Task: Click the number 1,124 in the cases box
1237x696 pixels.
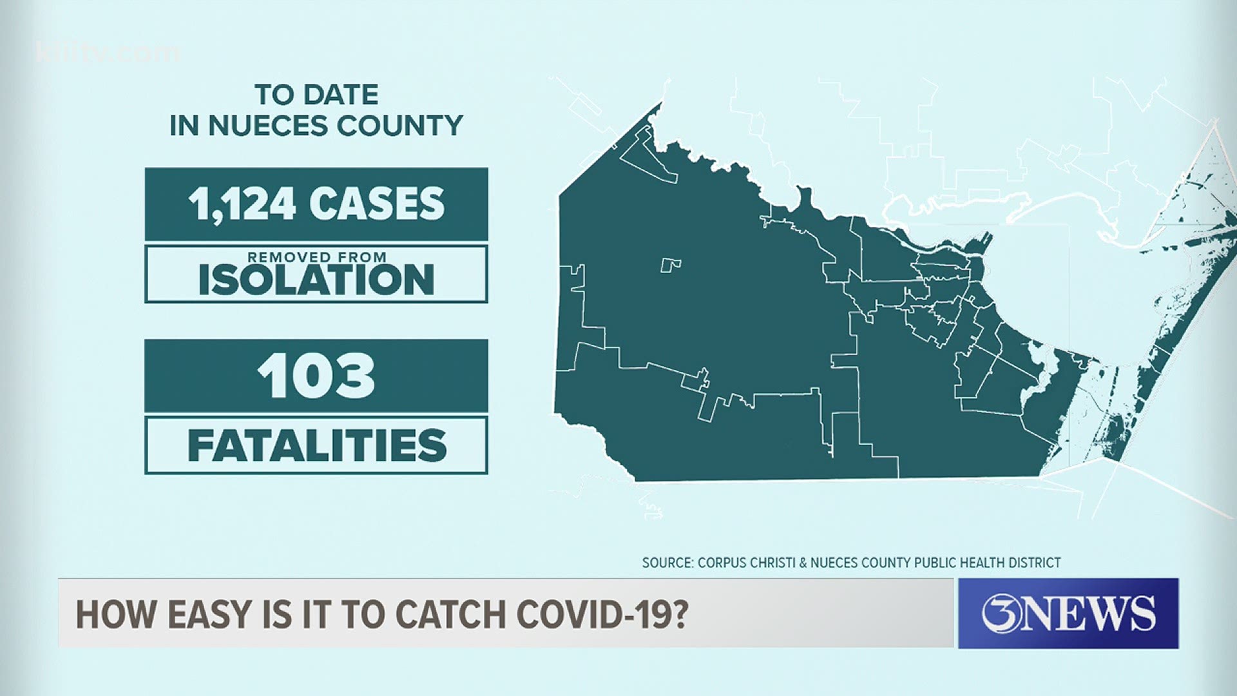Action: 242,204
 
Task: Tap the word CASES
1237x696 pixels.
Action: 377,204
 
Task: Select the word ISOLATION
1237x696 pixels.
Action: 316,280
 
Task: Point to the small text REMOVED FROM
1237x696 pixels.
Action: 317,257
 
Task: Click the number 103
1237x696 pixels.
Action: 316,376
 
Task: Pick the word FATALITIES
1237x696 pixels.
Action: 317,445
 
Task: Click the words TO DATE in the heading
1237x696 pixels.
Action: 316,95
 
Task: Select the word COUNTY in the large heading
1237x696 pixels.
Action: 399,126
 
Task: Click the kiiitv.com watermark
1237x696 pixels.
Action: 108,52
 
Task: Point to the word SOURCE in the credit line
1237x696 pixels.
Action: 666,563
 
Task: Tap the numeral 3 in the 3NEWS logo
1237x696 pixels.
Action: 999,613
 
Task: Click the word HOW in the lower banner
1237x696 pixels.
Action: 117,614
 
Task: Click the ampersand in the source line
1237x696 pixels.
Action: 803,563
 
